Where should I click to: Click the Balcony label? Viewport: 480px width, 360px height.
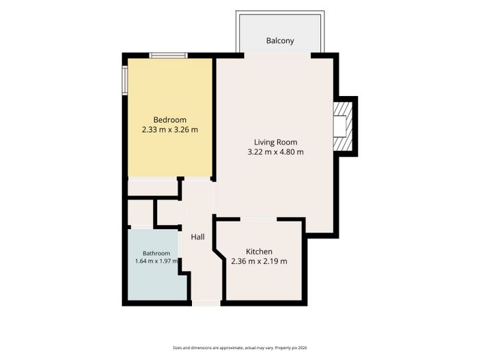pyautogui.click(x=280, y=40)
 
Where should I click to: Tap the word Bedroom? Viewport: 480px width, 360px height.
pyautogui.click(x=170, y=120)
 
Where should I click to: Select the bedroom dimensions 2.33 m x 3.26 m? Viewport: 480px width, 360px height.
pyautogui.click(x=170, y=130)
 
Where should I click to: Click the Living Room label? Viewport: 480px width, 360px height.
pyautogui.click(x=276, y=143)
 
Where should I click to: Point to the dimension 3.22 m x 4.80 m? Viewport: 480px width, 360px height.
pyautogui.click(x=276, y=152)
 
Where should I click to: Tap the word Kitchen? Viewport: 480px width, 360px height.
pyautogui.click(x=259, y=252)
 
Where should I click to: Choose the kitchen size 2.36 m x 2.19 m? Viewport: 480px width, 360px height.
pyautogui.click(x=259, y=261)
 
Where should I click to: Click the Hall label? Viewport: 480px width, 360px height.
pyautogui.click(x=197, y=237)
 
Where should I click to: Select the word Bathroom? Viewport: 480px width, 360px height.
pyautogui.click(x=156, y=254)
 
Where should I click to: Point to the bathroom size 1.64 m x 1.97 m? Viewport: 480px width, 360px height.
pyautogui.click(x=156, y=261)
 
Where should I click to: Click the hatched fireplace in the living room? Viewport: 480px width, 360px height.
pyautogui.click(x=343, y=126)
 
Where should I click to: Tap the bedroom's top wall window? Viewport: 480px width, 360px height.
pyautogui.click(x=169, y=56)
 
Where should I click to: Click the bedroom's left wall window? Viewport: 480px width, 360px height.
pyautogui.click(x=125, y=80)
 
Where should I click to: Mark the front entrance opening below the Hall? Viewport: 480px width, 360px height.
pyautogui.click(x=206, y=303)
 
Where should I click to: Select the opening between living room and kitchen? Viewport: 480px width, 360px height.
pyautogui.click(x=259, y=219)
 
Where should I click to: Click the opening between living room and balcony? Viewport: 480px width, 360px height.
pyautogui.click(x=277, y=56)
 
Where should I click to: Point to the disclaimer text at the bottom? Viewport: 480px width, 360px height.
pyautogui.click(x=240, y=348)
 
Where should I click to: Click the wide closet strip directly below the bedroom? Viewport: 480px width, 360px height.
pyautogui.click(x=152, y=188)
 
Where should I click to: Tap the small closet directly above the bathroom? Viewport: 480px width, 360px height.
pyautogui.click(x=140, y=213)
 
